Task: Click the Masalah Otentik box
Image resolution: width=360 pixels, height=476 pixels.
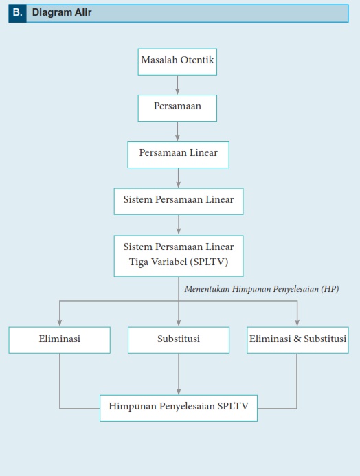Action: point(177,62)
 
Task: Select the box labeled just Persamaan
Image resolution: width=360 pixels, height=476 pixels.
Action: point(177,108)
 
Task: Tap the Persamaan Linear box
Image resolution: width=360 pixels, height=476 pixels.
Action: point(178,155)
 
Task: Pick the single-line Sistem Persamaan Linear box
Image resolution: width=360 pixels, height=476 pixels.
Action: point(179,201)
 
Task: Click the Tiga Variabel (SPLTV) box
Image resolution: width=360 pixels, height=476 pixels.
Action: point(179,256)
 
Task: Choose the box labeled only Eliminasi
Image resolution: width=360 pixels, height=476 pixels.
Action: point(60,340)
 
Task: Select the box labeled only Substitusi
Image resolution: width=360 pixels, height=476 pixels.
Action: point(179,340)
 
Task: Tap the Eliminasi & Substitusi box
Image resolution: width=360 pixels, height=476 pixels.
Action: point(297,340)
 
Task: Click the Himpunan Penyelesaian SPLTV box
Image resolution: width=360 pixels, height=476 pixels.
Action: point(179,408)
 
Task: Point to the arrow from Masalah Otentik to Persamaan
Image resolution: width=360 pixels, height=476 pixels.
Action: point(177,85)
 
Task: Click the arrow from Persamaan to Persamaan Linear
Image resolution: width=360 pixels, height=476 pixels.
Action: point(177,131)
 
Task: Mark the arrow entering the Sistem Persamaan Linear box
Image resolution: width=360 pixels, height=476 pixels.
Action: point(178,178)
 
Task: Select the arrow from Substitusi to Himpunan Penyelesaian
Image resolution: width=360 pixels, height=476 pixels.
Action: point(179,374)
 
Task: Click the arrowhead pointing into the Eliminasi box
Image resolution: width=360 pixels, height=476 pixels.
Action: point(60,323)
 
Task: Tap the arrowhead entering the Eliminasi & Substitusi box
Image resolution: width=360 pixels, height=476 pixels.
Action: point(297,323)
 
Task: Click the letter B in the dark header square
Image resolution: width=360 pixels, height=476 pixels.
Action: point(17,12)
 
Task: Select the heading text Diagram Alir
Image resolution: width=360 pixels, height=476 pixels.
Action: point(62,12)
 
